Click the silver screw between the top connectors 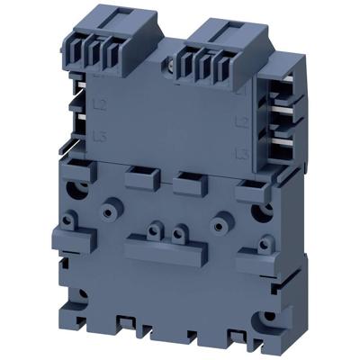coord(171,66)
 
